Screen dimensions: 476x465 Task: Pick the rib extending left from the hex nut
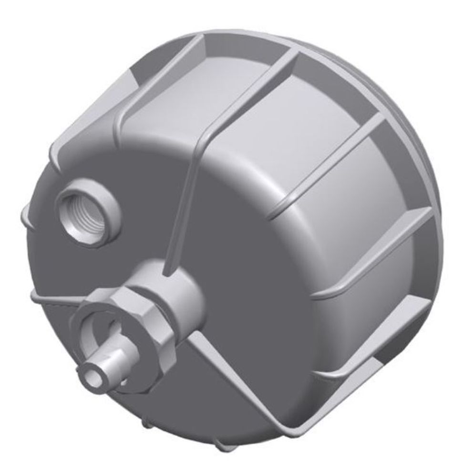coord(52,297)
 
